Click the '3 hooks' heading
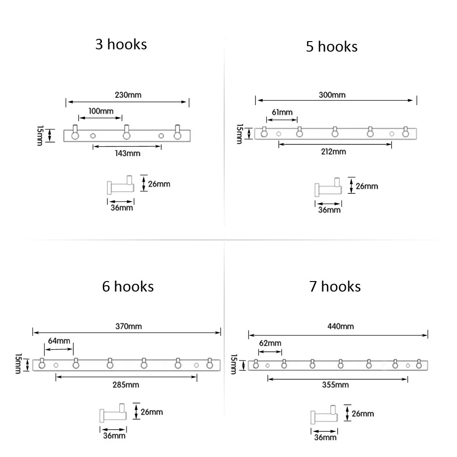[121, 44]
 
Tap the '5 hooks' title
[332, 47]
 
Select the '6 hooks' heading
[128, 287]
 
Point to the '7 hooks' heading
[335, 287]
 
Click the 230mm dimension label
[128, 95]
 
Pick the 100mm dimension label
[101, 111]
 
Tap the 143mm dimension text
[128, 153]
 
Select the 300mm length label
[332, 95]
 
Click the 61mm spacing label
[282, 112]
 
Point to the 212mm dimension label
[334, 152]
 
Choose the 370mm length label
[128, 326]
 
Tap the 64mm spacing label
[59, 341]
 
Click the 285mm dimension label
[126, 385]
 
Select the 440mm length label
[340, 326]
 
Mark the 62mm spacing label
[270, 343]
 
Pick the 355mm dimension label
[335, 385]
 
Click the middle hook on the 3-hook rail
[127, 133]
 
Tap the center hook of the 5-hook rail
[335, 132]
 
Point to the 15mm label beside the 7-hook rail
[234, 364]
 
